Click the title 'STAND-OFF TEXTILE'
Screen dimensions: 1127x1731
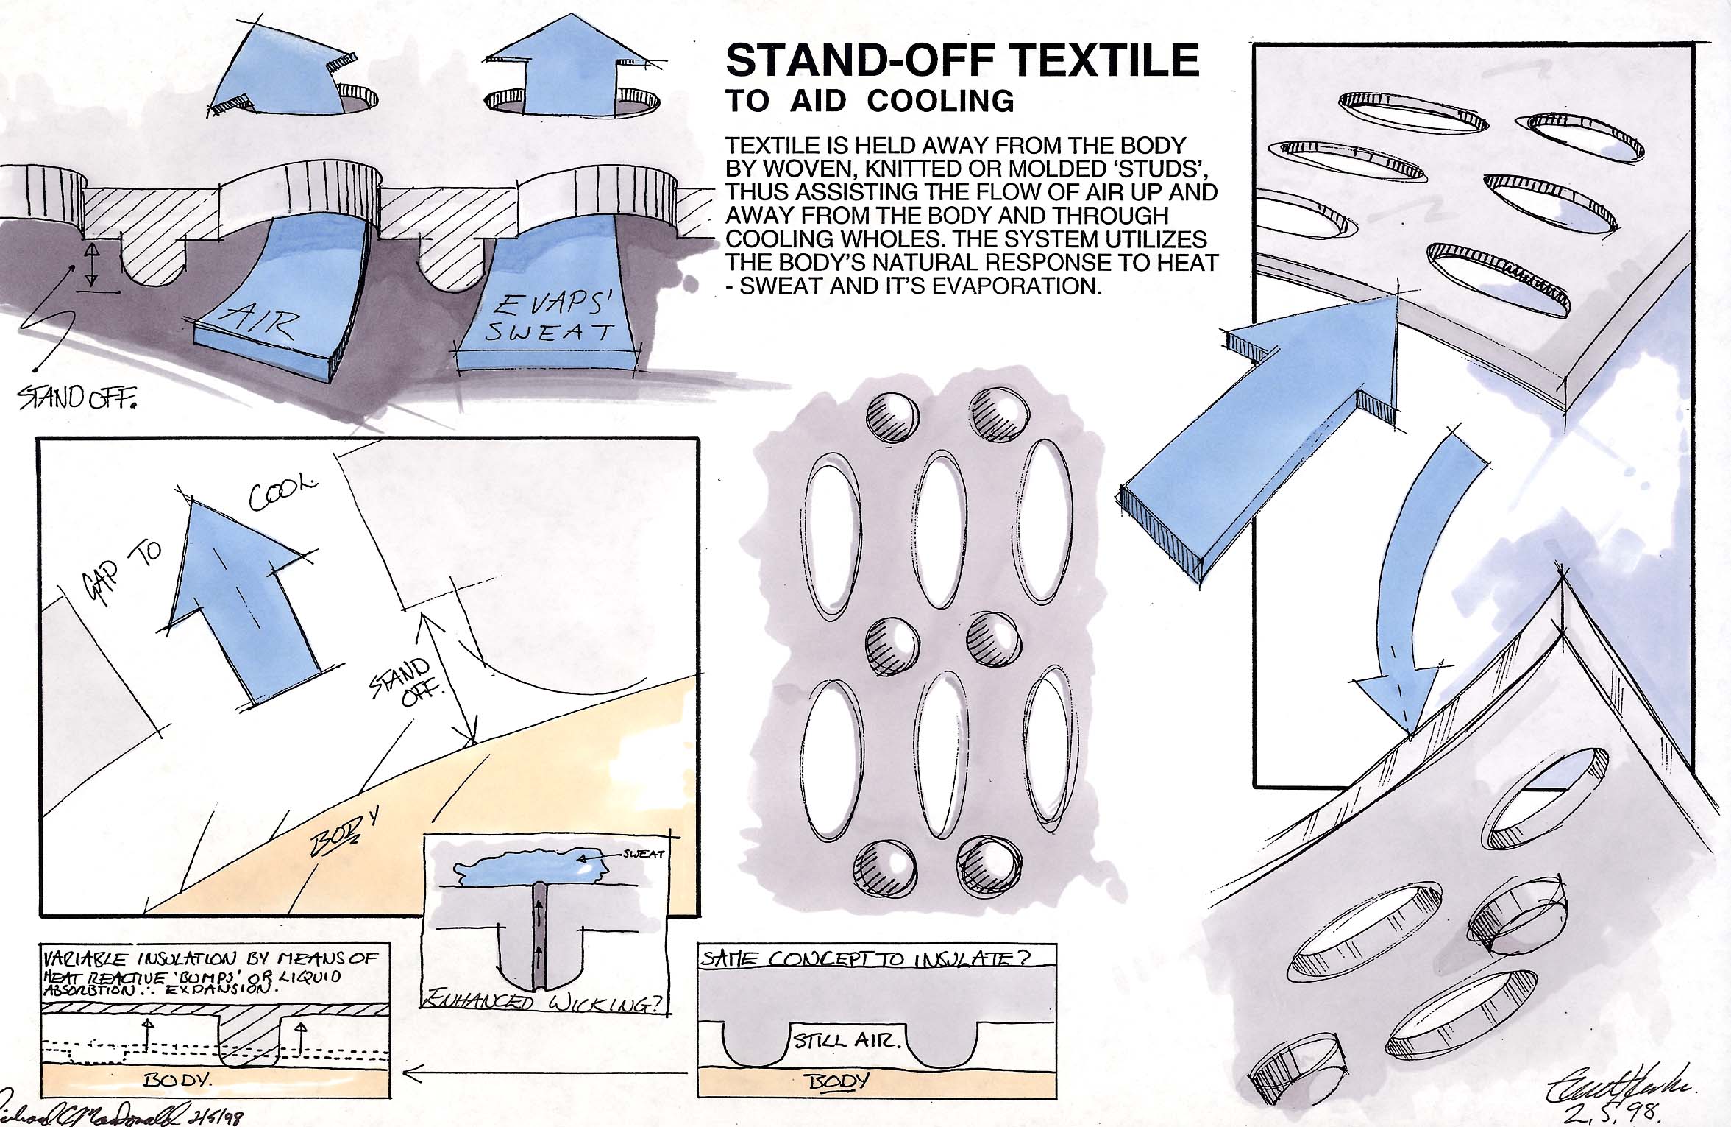pyautogui.click(x=962, y=60)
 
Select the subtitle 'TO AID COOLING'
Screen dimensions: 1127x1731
pyautogui.click(x=870, y=101)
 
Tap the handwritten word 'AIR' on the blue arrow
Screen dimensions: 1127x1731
pyautogui.click(x=261, y=321)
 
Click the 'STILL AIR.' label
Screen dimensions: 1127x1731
pyautogui.click(x=846, y=1040)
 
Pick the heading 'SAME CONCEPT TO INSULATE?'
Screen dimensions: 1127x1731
pyautogui.click(x=865, y=958)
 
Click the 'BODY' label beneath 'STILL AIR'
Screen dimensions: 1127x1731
pyautogui.click(x=839, y=1081)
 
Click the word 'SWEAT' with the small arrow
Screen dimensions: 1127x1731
pyautogui.click(x=643, y=854)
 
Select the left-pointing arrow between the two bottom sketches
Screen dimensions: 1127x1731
pyautogui.click(x=544, y=1075)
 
